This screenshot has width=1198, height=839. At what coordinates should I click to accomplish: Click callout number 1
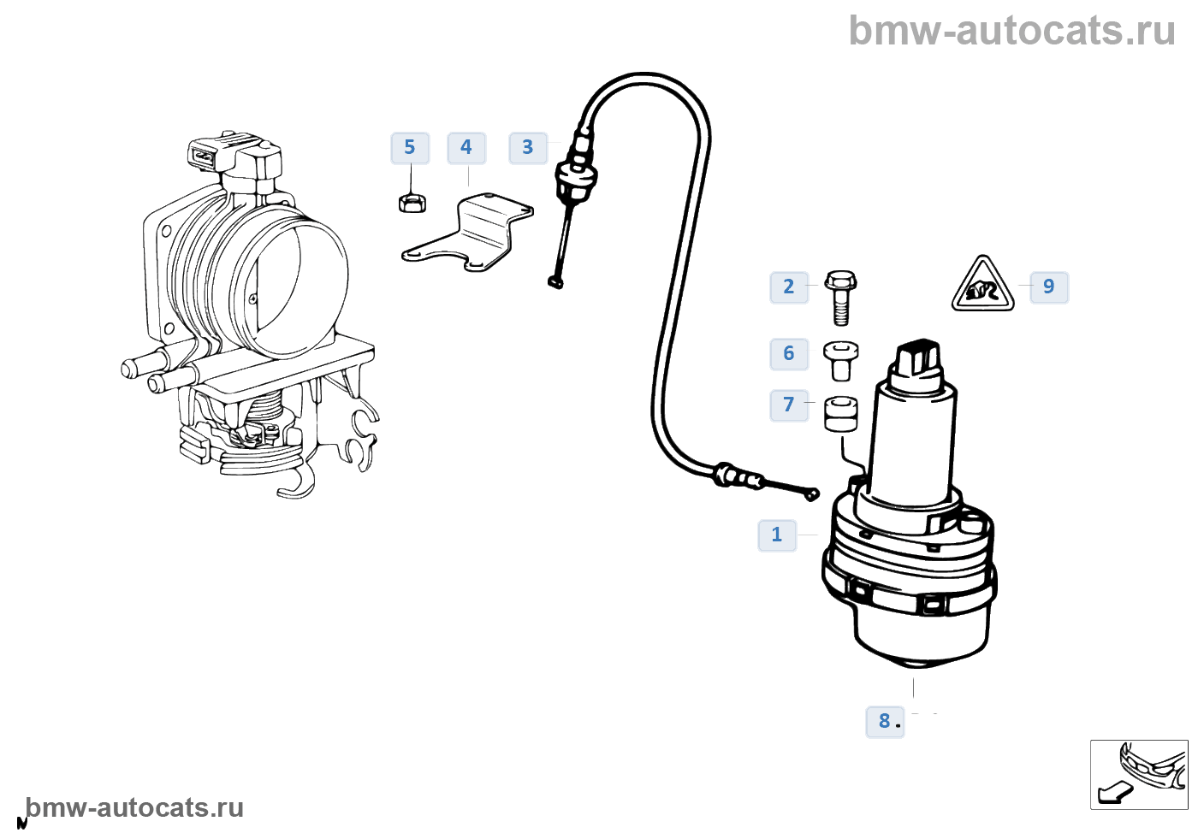pos(777,535)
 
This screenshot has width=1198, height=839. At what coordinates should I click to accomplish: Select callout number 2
pos(789,287)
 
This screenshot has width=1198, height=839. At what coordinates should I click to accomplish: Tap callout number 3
pos(528,148)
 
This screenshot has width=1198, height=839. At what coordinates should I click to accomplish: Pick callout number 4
pos(466,148)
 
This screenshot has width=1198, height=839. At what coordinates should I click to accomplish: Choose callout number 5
pos(410,148)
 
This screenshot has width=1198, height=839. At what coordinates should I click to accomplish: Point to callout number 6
pos(789,354)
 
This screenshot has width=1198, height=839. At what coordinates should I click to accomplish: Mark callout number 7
pos(789,405)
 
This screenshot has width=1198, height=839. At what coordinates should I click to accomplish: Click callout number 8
pos(885,722)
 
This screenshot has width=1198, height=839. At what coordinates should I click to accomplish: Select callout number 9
pos(1049,287)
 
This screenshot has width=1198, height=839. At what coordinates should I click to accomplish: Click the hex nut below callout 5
pos(412,204)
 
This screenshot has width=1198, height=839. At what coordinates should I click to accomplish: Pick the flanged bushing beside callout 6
pos(840,360)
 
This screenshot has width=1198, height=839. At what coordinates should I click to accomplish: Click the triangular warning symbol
pos(983,287)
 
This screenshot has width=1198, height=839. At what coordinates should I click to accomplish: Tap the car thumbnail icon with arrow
pos(1139,774)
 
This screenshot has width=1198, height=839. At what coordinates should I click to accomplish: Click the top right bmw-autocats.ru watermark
pos(1012,31)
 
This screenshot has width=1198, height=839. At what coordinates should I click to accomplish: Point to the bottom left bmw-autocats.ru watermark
pos(134,808)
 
